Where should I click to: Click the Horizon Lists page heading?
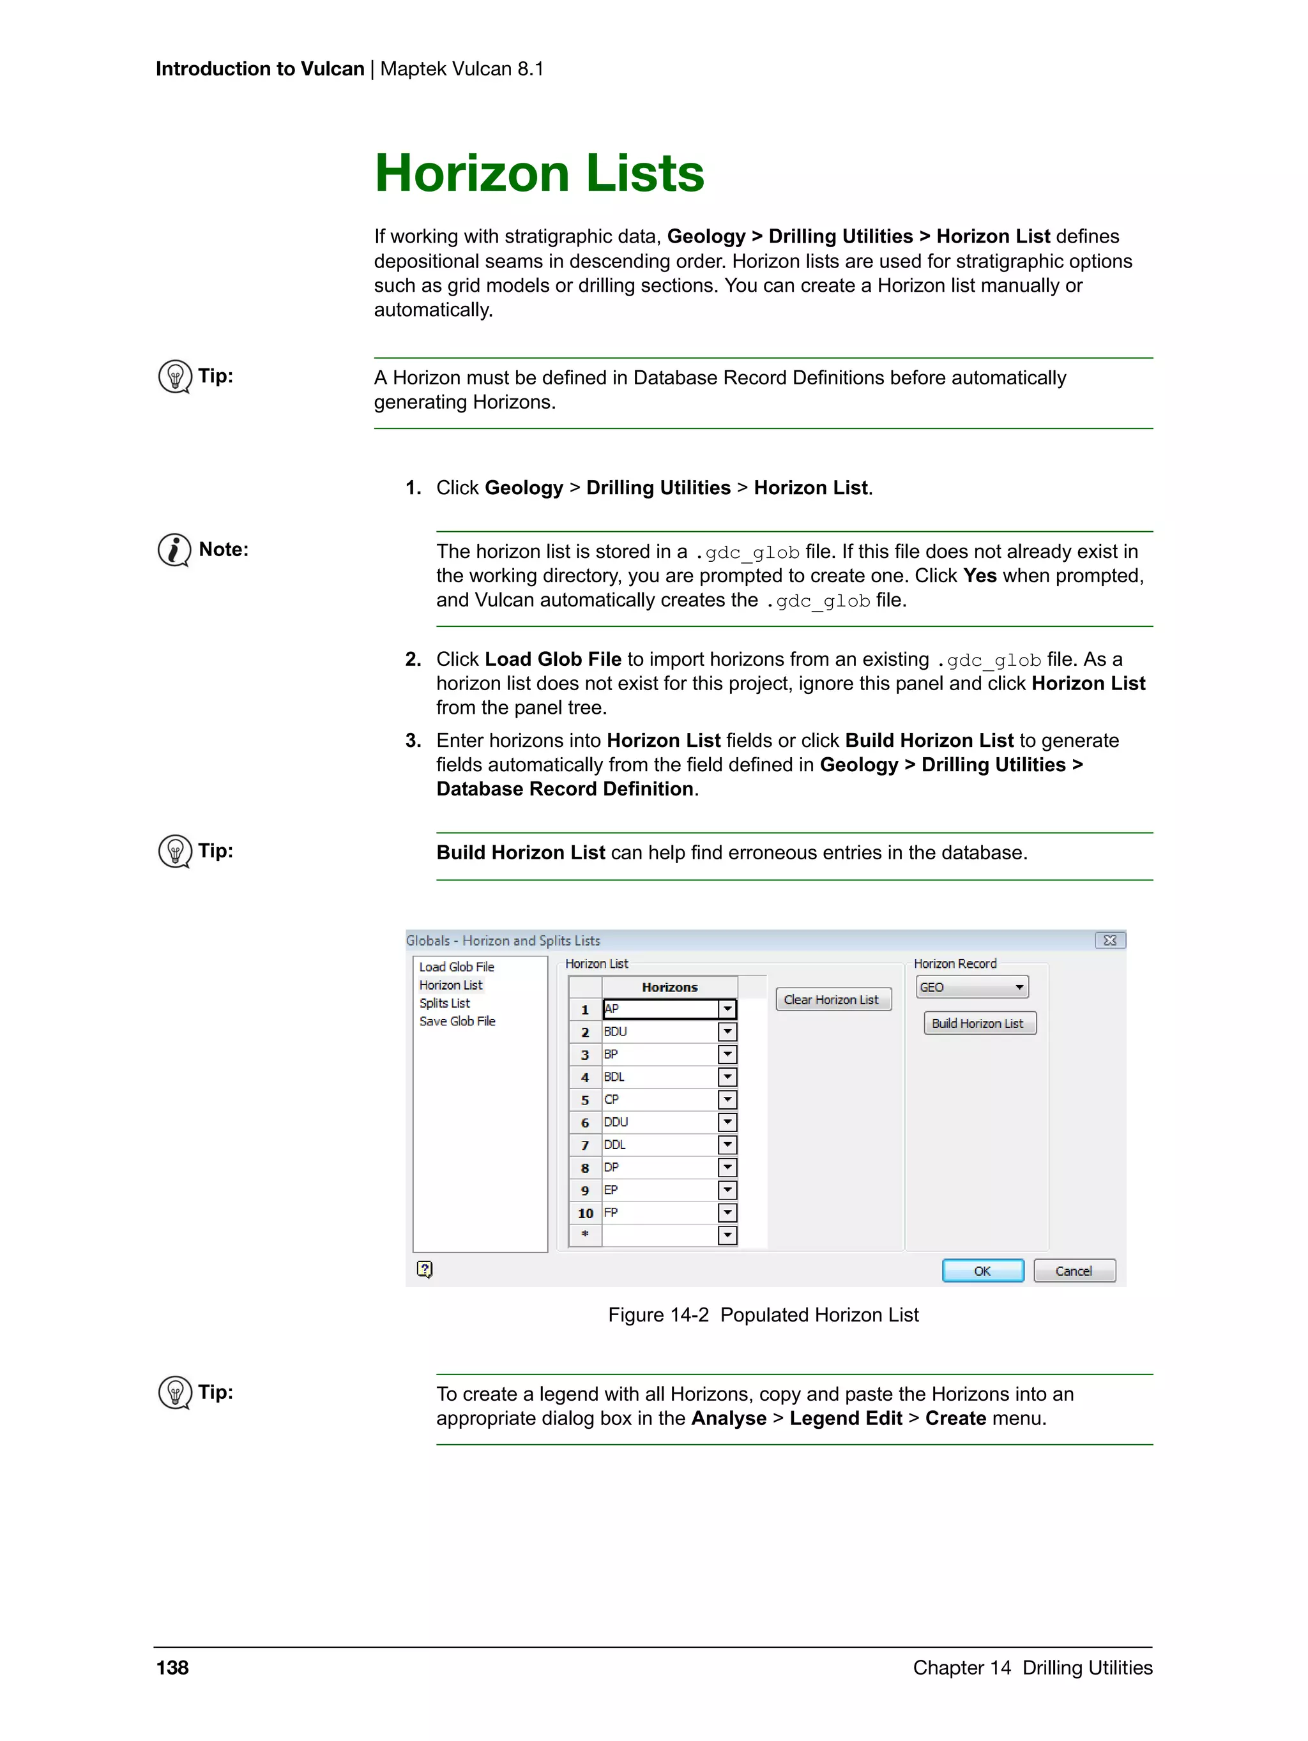540,173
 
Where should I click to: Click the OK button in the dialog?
982,1270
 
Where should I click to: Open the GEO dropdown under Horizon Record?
1019,987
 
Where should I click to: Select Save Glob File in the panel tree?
457,1021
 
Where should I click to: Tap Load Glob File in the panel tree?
456,967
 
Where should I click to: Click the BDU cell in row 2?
659,1031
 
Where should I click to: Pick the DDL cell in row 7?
659,1145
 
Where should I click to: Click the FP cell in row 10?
659,1213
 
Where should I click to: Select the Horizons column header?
669,987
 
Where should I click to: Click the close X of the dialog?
1109,940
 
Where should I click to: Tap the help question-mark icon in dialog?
425,1269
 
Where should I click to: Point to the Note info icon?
174,550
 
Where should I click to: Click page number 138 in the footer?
172,1667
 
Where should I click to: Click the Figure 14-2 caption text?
763,1315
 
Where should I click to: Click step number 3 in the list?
413,741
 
